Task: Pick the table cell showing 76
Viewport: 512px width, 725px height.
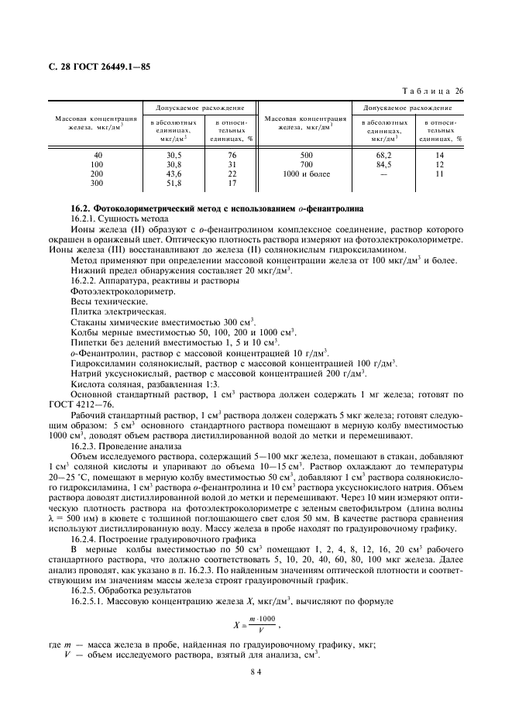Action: pyautogui.click(x=231, y=156)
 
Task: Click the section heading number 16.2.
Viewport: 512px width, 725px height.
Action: pyautogui.click(x=81, y=210)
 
